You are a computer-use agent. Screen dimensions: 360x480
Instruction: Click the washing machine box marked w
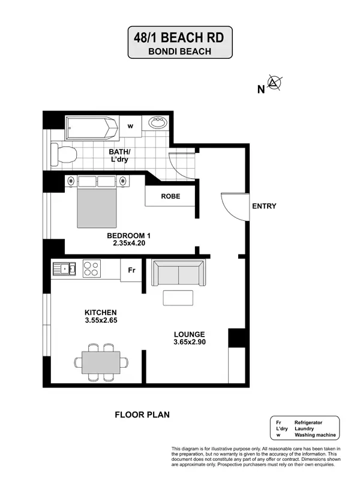pyautogui.click(x=130, y=126)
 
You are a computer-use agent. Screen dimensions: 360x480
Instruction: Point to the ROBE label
pyautogui.click(x=171, y=196)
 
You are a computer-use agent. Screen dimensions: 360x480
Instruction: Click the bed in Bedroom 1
pyautogui.click(x=97, y=204)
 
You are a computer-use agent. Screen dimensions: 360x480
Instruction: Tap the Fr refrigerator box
pyautogui.click(x=131, y=271)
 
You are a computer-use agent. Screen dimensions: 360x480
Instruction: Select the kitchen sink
pyautogui.click(x=63, y=268)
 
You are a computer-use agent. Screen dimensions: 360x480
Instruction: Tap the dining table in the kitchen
pyautogui.click(x=101, y=362)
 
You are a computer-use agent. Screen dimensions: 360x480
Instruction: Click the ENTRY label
pyautogui.click(x=264, y=206)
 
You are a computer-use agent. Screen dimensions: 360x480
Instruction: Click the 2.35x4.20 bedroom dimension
pyautogui.click(x=129, y=243)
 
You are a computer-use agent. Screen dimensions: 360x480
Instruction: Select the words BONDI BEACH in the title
pyautogui.click(x=179, y=51)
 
